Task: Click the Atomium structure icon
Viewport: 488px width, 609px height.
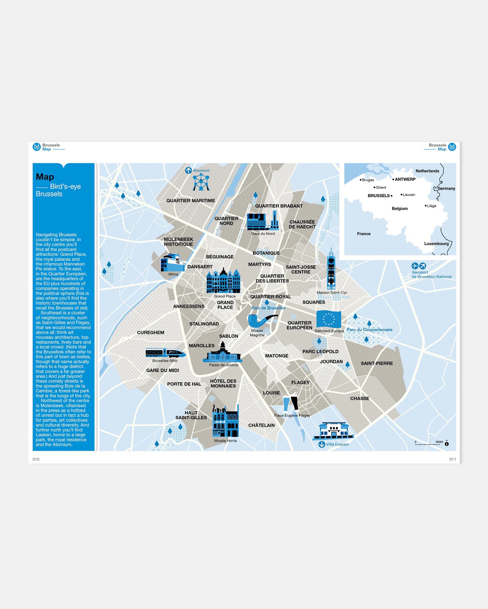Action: (201, 182)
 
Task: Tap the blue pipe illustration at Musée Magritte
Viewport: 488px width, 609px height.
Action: (262, 321)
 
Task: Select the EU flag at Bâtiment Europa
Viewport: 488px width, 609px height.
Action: (328, 319)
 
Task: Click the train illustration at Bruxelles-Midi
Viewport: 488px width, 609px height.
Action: (165, 353)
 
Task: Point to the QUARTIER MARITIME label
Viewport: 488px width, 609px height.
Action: (190, 200)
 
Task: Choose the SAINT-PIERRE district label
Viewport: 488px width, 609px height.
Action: (376, 363)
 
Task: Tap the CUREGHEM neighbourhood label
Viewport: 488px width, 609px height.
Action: (151, 333)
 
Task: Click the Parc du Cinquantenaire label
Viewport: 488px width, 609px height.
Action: (369, 330)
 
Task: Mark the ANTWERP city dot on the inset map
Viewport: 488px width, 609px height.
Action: (393, 179)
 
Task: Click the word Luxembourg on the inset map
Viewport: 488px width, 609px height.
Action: (436, 244)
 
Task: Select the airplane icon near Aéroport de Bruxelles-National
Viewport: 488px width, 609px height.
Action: (415, 266)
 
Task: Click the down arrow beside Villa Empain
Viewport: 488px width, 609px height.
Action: (322, 444)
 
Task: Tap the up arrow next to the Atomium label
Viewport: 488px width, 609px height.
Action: (188, 171)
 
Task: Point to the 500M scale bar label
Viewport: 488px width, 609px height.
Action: (439, 442)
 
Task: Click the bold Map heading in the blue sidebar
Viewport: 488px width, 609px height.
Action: (45, 177)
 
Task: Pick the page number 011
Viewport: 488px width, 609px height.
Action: (452, 459)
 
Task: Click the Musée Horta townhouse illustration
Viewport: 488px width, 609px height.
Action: (225, 421)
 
